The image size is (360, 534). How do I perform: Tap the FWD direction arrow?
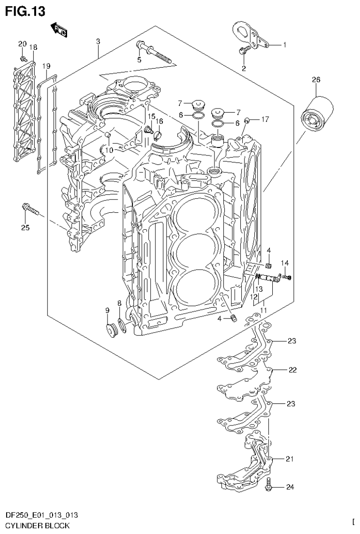pyautogui.click(x=59, y=30)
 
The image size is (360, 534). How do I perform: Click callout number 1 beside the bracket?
pyautogui.click(x=284, y=45)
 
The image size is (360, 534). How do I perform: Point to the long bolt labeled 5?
pyautogui.click(x=155, y=53)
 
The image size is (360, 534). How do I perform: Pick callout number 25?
pyautogui.click(x=25, y=228)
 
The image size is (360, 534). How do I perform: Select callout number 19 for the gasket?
pyautogui.click(x=46, y=66)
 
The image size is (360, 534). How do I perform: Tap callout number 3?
pyautogui.click(x=98, y=42)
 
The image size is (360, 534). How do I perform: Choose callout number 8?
pyautogui.click(x=119, y=303)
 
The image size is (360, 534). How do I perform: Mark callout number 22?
pyautogui.click(x=292, y=370)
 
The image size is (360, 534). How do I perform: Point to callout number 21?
pyautogui.click(x=290, y=459)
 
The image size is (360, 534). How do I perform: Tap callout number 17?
pyautogui.click(x=265, y=119)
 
